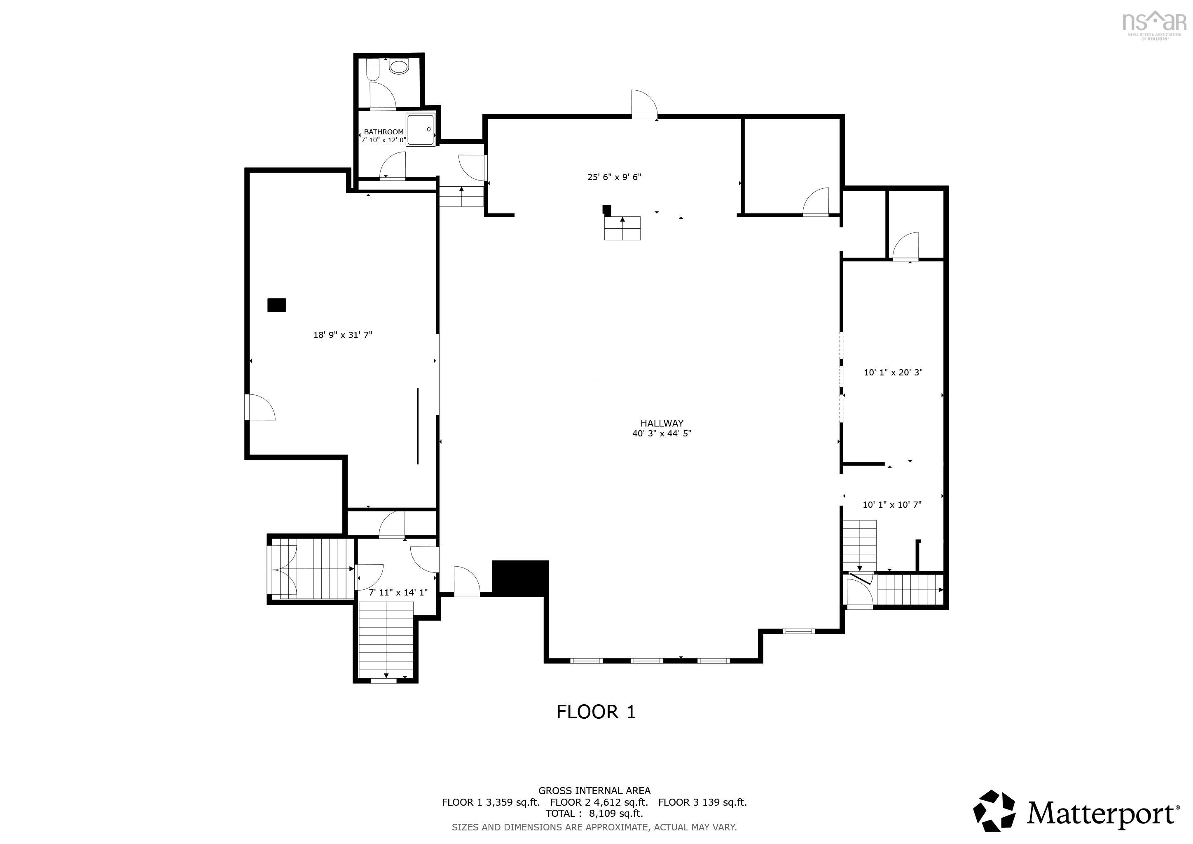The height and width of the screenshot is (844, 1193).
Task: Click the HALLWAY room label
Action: [662, 423]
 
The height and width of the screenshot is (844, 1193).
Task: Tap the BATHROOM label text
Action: [384, 132]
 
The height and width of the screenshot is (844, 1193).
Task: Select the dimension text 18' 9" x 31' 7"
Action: [342, 335]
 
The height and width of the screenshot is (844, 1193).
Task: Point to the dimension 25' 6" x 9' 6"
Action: [614, 177]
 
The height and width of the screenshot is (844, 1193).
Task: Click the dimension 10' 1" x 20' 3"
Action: [893, 372]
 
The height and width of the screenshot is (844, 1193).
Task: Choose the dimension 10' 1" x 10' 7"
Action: [892, 504]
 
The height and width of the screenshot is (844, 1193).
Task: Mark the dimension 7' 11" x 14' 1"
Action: [398, 592]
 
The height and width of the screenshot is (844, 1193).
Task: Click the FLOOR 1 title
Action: [596, 711]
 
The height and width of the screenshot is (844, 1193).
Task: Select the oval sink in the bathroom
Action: [399, 66]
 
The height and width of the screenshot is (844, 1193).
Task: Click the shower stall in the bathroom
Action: [420, 129]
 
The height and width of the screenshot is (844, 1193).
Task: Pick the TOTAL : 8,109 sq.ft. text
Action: [594, 814]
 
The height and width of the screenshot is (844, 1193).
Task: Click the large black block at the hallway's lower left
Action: [520, 577]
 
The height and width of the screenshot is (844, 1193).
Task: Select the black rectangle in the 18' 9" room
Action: [276, 305]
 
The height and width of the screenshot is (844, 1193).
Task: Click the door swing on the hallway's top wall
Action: [644, 103]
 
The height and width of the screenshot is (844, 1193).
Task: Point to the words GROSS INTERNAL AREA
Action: [594, 790]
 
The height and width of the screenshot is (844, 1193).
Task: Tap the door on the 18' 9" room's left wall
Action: [260, 407]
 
